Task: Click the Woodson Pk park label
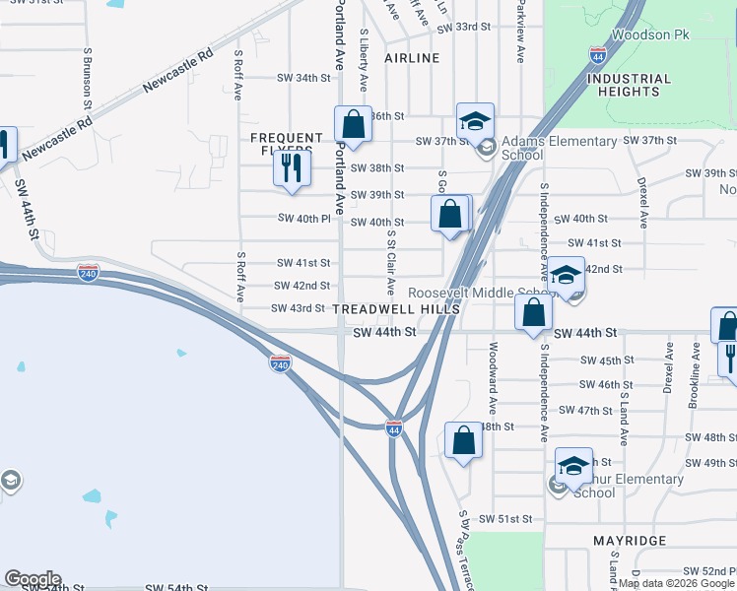click(645, 34)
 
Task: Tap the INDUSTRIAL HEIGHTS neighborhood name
click(634, 85)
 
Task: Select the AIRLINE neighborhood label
click(412, 58)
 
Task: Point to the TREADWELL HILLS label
click(396, 309)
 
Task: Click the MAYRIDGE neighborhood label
click(630, 541)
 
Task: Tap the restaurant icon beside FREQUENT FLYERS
click(291, 168)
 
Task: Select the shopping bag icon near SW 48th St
click(463, 440)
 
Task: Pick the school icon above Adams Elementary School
click(475, 122)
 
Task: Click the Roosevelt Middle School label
click(483, 293)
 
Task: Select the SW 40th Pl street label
click(303, 218)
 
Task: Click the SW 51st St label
click(505, 518)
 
